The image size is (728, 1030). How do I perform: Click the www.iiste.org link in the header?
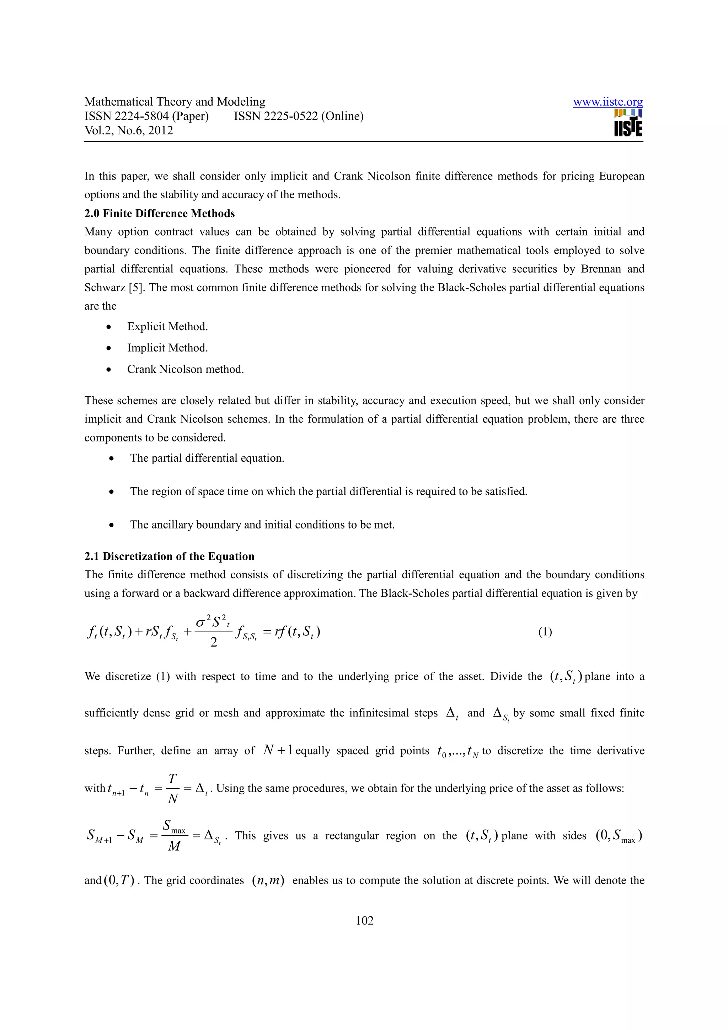607,102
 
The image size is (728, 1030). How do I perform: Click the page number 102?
364,921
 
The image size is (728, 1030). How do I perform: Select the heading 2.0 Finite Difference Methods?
159,214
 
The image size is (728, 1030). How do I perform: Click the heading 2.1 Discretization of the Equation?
169,556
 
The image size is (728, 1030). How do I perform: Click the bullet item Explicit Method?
167,327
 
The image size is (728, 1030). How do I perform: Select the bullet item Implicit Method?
167,348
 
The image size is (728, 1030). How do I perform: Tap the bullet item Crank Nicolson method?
185,369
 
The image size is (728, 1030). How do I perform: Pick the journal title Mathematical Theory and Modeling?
175,102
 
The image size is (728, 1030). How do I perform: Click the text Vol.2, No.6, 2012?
128,130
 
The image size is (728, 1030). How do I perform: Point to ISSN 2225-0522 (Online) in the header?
298,116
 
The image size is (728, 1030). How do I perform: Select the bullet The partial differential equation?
207,458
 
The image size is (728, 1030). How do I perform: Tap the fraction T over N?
173,788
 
